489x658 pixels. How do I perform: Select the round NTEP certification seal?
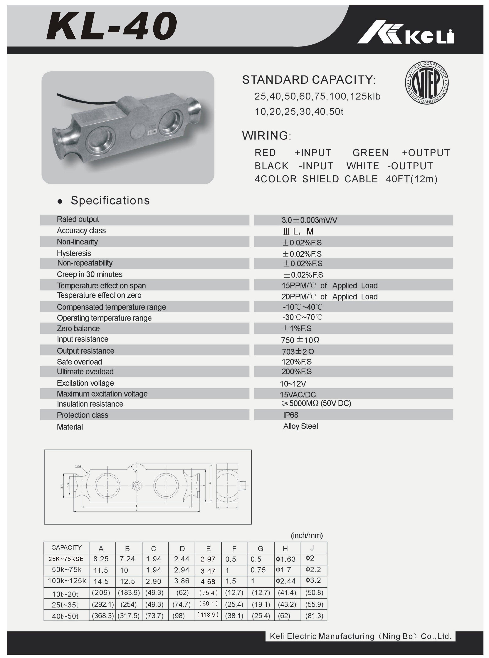click(x=427, y=83)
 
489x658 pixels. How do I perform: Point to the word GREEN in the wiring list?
click(x=370, y=153)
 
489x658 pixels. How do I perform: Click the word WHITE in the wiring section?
click(x=363, y=166)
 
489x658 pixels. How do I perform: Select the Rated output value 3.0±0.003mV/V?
click(x=309, y=220)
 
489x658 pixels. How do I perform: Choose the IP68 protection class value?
click(x=291, y=415)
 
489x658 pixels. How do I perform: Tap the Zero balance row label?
click(x=78, y=328)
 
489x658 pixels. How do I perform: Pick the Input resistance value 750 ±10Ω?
click(x=300, y=340)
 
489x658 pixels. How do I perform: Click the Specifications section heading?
click(x=110, y=201)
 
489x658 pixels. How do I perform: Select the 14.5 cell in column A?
click(x=101, y=581)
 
